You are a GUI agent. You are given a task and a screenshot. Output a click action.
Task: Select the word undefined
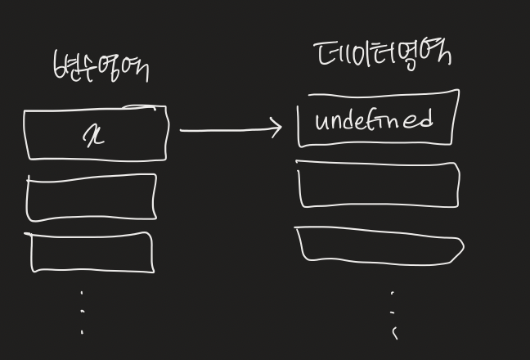point(373,121)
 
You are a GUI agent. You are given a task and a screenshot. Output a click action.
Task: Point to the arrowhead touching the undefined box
point(276,128)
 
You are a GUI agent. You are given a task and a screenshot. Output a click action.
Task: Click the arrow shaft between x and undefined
point(225,129)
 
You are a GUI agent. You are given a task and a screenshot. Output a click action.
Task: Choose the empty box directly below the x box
point(92,197)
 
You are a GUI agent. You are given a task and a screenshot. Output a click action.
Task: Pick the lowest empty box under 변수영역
point(92,253)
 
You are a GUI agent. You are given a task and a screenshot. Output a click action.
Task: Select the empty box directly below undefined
point(378,186)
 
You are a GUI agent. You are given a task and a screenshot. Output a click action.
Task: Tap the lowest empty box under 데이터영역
point(380,246)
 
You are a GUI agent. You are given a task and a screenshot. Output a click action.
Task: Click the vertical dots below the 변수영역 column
point(82,312)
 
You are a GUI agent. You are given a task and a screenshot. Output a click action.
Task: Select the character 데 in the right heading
point(326,54)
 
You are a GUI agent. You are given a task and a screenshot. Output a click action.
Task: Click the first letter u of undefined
point(321,123)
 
